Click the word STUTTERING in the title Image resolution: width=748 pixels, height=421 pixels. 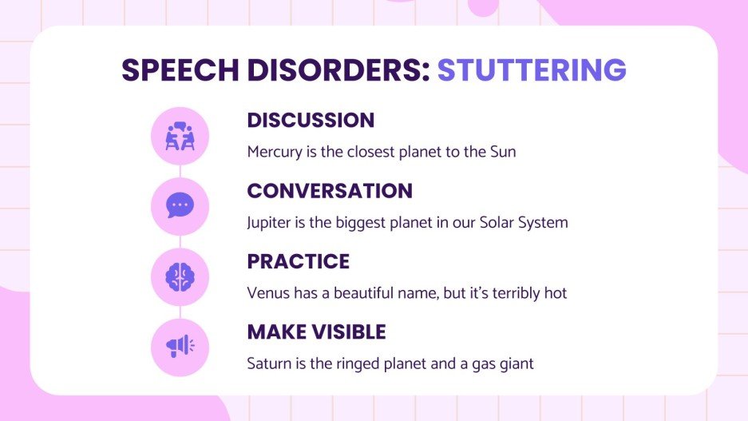(x=532, y=70)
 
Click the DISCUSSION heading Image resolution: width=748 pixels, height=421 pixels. (x=311, y=121)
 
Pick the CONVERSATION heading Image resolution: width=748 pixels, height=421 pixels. (x=330, y=191)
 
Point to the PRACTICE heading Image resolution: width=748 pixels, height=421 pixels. (x=299, y=261)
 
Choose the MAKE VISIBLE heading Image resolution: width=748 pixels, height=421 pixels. (x=316, y=332)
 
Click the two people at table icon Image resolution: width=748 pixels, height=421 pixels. (x=180, y=136)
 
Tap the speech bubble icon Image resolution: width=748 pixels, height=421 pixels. (x=180, y=206)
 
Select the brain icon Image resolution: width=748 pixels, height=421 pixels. (x=180, y=276)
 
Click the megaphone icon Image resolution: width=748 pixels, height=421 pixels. (x=180, y=347)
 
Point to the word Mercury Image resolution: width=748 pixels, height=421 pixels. (x=274, y=152)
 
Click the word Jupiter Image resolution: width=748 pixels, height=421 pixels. (x=269, y=222)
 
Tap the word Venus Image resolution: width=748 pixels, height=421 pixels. (x=266, y=293)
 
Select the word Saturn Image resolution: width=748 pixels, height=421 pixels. (x=268, y=363)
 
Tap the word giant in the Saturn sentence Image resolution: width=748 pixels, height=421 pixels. (x=516, y=364)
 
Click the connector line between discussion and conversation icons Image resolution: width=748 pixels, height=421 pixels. (x=180, y=171)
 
